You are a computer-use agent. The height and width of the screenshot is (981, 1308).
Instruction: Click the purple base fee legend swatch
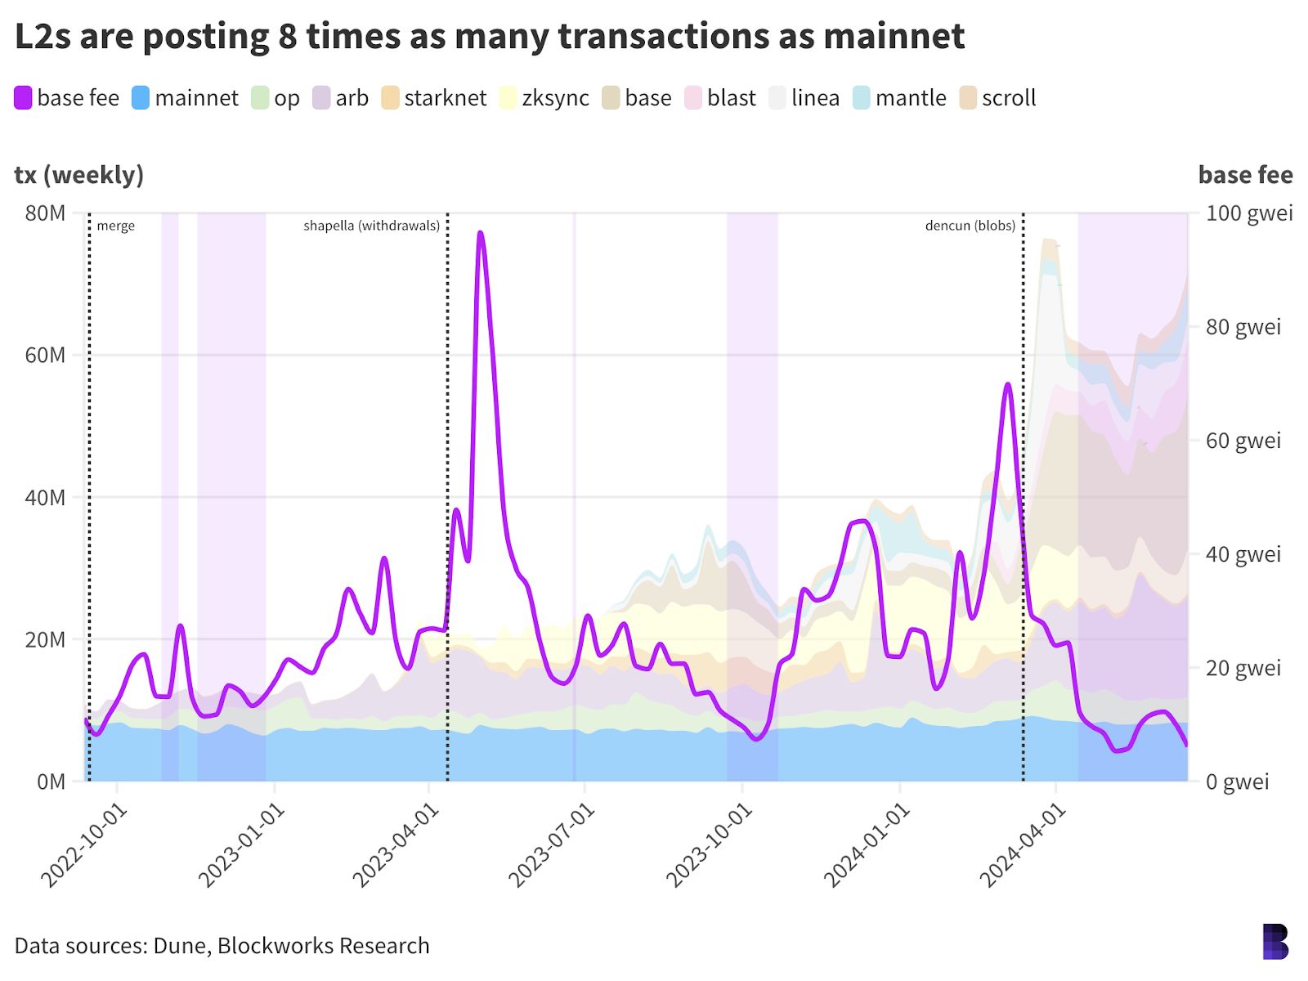[23, 98]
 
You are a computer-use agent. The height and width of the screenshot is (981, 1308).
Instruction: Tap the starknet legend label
[445, 98]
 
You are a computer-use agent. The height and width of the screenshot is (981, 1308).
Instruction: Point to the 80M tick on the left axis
[46, 213]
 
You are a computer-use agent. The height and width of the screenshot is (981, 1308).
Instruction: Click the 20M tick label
[46, 639]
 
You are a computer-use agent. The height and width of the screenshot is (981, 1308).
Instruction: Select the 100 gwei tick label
[1249, 213]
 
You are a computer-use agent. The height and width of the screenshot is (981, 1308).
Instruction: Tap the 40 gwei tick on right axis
[1243, 554]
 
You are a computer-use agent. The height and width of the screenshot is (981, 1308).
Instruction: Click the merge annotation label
[115, 226]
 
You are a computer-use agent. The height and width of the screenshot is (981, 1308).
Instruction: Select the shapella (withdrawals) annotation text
[371, 226]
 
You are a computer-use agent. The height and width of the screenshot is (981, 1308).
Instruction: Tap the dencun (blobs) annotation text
[970, 226]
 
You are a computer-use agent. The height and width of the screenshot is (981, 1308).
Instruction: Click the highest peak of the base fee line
[480, 233]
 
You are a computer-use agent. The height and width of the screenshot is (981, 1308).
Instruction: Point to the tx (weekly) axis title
[79, 174]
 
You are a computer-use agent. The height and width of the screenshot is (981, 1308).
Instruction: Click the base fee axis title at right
[1245, 174]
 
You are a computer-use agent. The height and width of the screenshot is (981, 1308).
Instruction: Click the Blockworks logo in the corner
[1275, 942]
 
